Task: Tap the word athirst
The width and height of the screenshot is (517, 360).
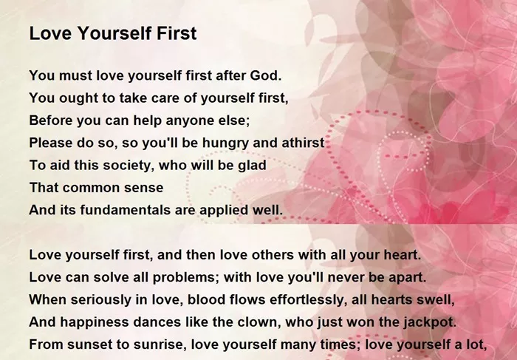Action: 303,143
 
